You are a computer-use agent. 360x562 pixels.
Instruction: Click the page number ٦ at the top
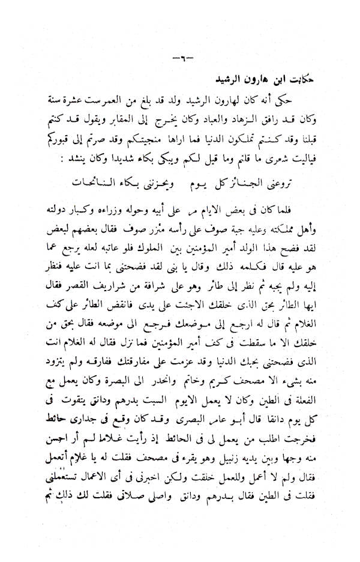tap(180, 58)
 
